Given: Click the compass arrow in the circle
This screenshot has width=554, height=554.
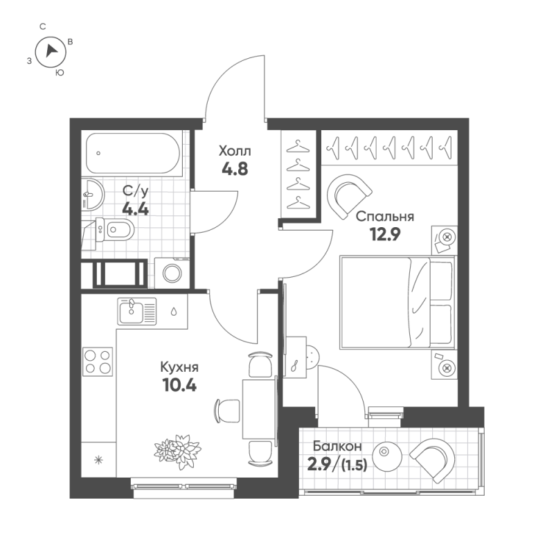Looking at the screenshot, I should (51, 51).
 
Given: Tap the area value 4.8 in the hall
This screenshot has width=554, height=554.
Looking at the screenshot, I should (235, 168).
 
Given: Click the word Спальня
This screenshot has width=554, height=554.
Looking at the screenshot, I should (385, 217).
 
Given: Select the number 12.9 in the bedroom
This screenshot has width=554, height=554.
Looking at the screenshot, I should (385, 234).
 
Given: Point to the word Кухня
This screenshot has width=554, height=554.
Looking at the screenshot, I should (179, 368).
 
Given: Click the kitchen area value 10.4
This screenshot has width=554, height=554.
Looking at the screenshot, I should (179, 386).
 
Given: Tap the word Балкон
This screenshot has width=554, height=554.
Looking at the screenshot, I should (336, 447).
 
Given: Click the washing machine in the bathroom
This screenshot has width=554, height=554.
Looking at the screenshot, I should (172, 273).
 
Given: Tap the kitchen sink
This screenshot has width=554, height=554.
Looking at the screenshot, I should (132, 311).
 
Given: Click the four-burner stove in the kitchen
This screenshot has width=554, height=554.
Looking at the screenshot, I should (98, 361).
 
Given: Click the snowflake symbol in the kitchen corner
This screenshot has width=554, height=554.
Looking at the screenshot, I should (98, 459).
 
